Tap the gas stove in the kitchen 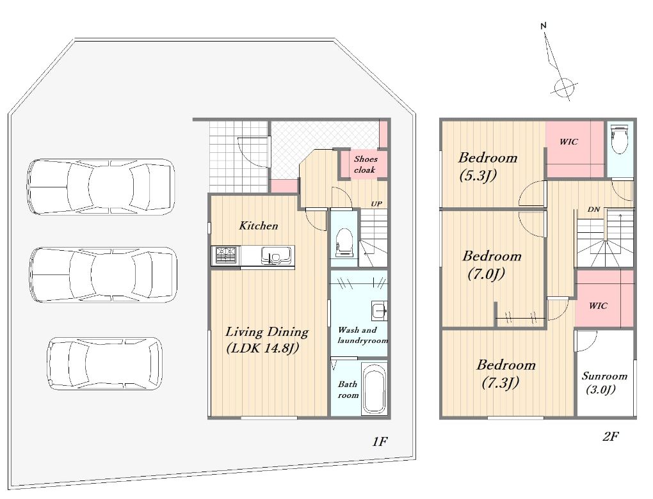[225, 255]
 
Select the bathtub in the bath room [374, 388]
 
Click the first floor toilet [344, 241]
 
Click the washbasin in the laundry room [380, 310]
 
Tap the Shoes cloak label [365, 164]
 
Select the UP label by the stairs [376, 204]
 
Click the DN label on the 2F [593, 209]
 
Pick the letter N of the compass [543, 26]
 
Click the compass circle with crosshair [564, 88]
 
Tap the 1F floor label [380, 441]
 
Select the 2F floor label [610, 436]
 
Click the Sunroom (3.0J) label [604, 383]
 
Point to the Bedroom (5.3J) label [487, 166]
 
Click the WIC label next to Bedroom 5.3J [568, 142]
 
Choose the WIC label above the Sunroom [597, 306]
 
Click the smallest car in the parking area [104, 363]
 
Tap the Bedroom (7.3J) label [506, 374]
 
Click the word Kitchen [258, 226]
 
